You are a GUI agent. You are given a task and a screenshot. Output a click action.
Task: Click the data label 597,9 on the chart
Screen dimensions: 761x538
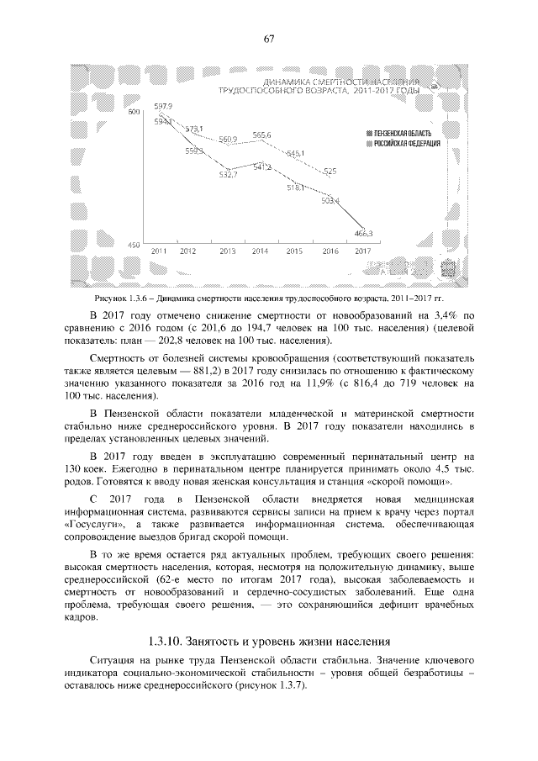[163, 106]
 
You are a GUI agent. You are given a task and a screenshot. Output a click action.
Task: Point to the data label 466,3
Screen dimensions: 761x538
[364, 233]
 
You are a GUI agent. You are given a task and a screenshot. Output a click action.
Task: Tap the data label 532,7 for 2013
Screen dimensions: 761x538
[228, 175]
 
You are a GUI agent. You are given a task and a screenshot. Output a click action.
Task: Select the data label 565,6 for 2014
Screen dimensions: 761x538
[261, 135]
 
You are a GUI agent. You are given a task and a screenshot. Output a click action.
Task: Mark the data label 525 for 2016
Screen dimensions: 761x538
[330, 171]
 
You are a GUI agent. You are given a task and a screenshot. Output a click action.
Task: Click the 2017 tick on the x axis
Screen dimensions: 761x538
[363, 251]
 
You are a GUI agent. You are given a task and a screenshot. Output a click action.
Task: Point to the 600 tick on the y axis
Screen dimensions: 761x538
[133, 113]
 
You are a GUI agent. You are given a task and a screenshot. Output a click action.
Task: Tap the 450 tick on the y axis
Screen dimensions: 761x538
[133, 244]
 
